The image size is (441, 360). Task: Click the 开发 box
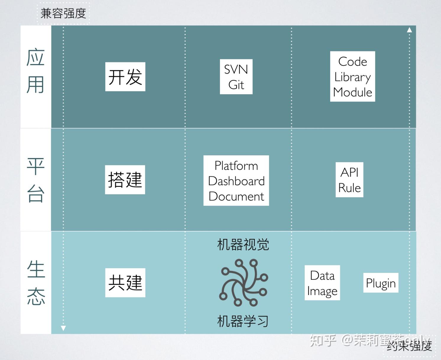pos(125,77)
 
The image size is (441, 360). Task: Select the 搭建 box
pos(125,180)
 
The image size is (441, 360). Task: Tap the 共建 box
pos(125,283)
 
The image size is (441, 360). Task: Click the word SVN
pos(236,70)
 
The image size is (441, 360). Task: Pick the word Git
pos(236,85)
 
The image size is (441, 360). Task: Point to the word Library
pos(352,77)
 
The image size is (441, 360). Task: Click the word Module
pos(352,92)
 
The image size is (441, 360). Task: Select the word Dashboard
pos(236,181)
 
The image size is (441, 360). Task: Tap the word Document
pos(236,196)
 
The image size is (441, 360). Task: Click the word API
pos(349,172)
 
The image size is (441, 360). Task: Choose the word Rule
pos(349,188)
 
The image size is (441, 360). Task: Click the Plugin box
pos(381,283)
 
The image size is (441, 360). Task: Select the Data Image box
pos(322,283)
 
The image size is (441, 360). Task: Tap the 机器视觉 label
pos(243,245)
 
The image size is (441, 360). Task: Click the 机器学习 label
pos(243,321)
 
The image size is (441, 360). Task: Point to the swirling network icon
pos(243,283)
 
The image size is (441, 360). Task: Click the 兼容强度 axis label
pos(63,14)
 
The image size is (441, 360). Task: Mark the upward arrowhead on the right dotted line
pos(409,30)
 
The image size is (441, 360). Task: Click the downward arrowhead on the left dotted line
pos(63,328)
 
